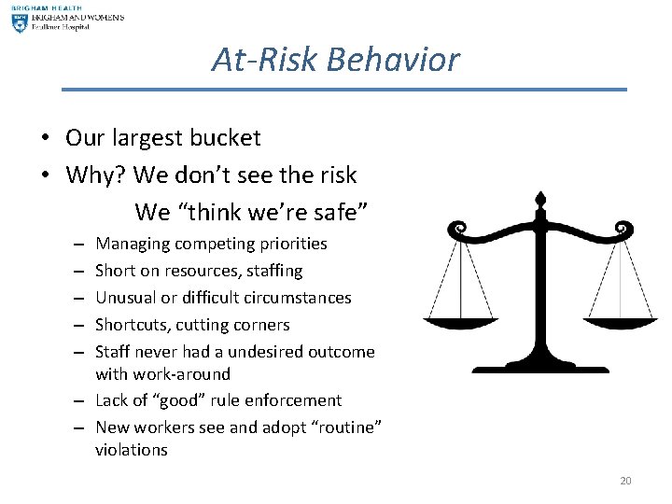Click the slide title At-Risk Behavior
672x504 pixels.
[335, 60]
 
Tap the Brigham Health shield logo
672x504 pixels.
[19, 20]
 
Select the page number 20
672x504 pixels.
[625, 481]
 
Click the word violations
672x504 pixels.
[131, 450]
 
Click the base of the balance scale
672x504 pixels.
[539, 367]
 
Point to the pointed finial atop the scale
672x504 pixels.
[539, 201]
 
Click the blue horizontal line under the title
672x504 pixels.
[343, 90]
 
